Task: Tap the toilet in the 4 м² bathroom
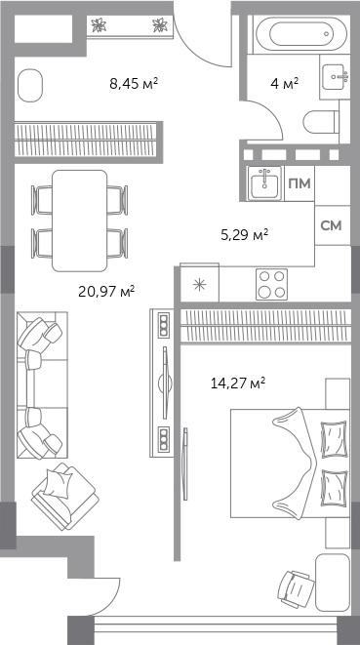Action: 321,122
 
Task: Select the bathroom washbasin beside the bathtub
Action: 334,77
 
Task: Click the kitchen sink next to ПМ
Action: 264,183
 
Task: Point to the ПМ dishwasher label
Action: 300,183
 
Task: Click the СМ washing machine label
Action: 331,225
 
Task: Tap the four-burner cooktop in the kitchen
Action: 271,284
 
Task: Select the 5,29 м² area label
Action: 245,236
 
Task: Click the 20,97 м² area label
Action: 106,292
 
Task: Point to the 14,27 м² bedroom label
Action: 237,383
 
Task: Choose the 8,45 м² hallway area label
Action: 134,84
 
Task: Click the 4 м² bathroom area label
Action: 284,84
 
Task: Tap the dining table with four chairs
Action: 80,221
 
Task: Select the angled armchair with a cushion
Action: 65,496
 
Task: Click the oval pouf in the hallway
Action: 30,85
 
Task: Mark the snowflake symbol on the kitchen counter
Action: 200,285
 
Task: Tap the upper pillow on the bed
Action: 334,438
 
